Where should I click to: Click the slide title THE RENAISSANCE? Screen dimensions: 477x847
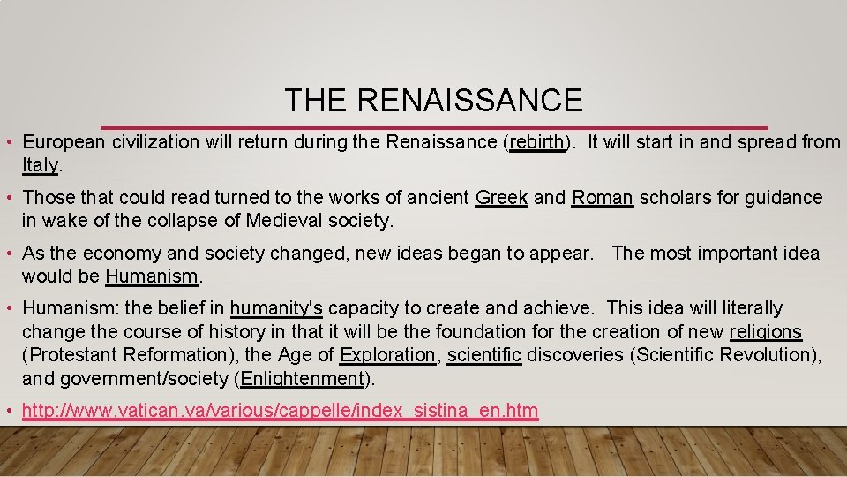point(433,100)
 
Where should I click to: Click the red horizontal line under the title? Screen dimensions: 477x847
point(433,127)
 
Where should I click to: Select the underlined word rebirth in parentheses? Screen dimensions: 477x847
point(537,142)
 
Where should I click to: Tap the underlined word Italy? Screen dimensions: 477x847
point(41,165)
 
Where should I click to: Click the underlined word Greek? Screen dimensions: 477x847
point(501,198)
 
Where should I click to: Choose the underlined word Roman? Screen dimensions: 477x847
point(603,198)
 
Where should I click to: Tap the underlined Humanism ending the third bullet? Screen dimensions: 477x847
point(151,276)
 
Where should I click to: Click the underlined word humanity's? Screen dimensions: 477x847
point(276,308)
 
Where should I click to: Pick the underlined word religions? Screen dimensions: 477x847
point(766,332)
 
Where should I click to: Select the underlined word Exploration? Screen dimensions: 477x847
point(387,355)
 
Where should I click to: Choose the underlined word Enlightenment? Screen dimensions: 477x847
point(302,379)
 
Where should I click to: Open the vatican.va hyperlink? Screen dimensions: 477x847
point(280,411)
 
